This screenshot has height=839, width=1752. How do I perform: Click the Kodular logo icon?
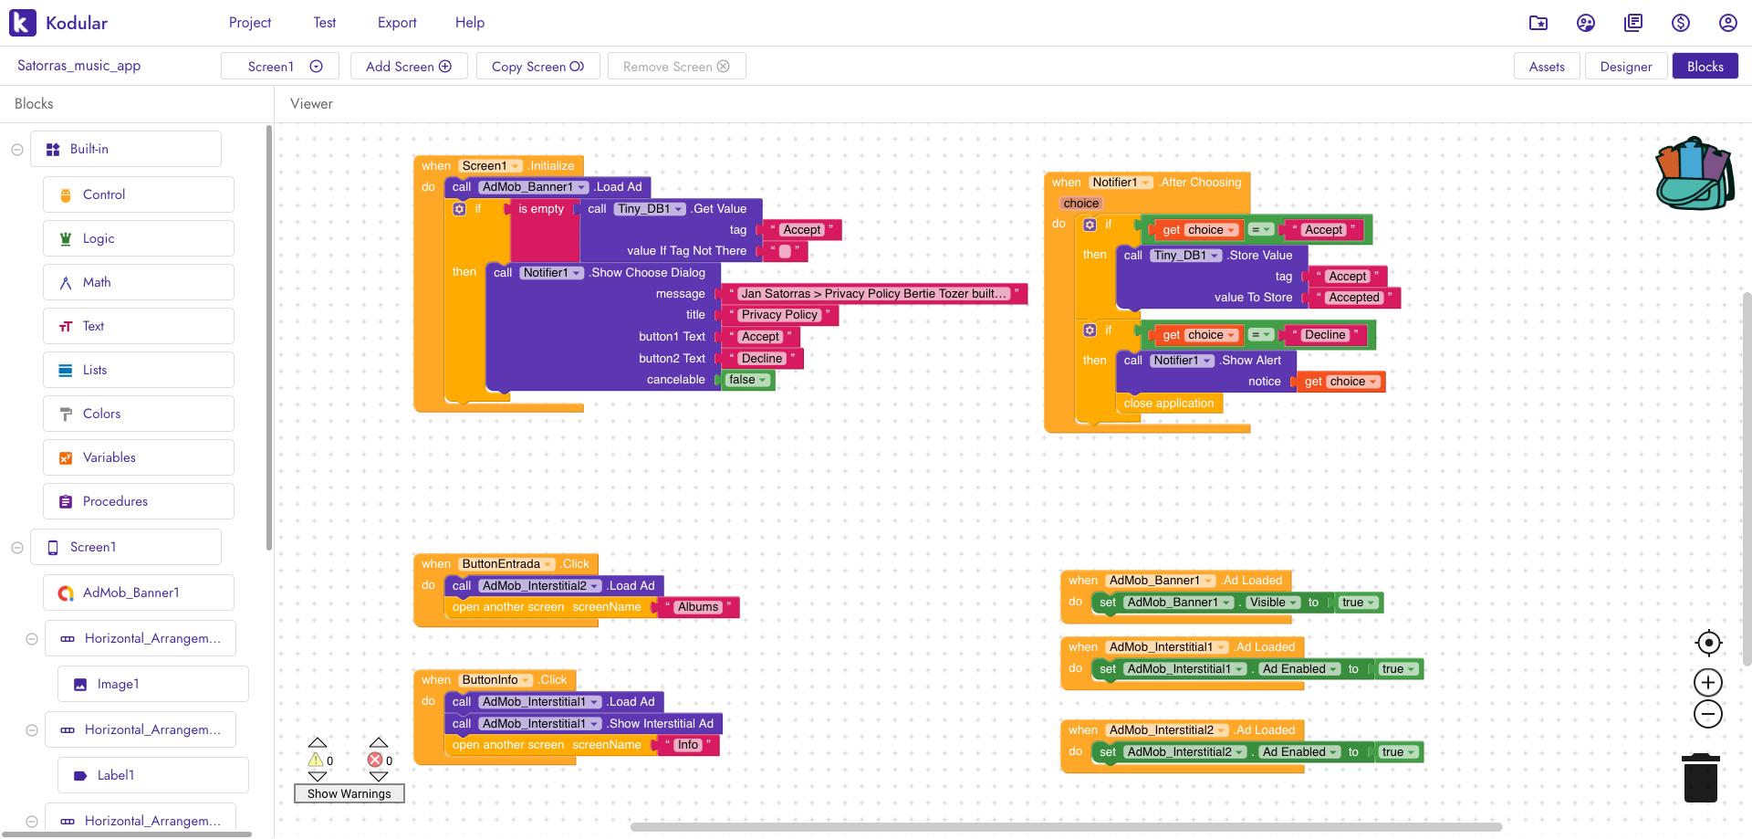point(23,23)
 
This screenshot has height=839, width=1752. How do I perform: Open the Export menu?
point(397,23)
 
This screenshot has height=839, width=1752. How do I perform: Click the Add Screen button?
point(409,67)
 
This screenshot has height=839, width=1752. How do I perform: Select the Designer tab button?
point(1626,67)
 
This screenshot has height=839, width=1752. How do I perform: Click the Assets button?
point(1547,67)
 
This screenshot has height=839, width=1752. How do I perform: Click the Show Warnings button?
point(349,793)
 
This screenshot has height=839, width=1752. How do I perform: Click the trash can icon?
point(1701,778)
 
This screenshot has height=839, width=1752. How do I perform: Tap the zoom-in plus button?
point(1708,682)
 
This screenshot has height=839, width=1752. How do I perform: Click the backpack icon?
point(1695,173)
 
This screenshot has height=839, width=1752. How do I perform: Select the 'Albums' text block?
point(698,607)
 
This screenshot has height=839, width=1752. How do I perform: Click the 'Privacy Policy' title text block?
point(780,315)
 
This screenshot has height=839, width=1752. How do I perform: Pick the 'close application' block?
point(1169,404)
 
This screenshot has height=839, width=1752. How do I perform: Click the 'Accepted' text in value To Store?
point(1354,298)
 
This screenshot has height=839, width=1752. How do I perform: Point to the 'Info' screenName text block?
point(688,745)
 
